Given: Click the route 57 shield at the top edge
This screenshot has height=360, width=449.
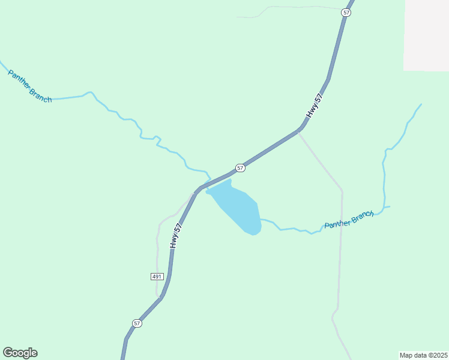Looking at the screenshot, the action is click(x=346, y=13).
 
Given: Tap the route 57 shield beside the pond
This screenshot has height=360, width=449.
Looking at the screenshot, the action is click(x=240, y=168).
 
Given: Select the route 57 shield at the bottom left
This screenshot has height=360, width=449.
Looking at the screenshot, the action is click(x=137, y=323).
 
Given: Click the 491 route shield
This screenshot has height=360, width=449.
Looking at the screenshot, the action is click(x=157, y=276).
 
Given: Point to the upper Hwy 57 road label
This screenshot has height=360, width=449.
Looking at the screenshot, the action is click(x=314, y=106).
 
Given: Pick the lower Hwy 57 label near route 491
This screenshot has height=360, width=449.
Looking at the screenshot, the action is click(x=175, y=236).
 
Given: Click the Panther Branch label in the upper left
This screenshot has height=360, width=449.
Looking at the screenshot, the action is click(x=29, y=86).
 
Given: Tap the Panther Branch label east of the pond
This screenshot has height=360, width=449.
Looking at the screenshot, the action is click(x=349, y=220).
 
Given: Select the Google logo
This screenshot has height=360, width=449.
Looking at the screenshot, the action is click(x=20, y=353).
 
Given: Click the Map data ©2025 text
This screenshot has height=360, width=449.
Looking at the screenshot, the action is click(x=423, y=355).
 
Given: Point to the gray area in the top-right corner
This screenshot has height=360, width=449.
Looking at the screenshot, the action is click(x=426, y=36).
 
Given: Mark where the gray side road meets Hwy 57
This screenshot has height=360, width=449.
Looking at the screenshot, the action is click(x=299, y=131).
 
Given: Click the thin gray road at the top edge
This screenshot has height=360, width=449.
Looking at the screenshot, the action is click(x=288, y=8).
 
